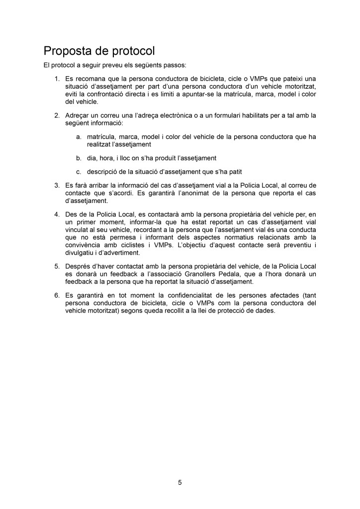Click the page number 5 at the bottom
[x=180, y=482]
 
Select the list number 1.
[x=57, y=79]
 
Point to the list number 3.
[x=57, y=186]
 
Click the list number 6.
[x=57, y=295]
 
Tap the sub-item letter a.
[x=79, y=136]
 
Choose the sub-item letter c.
[x=79, y=172]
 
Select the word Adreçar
[x=77, y=115]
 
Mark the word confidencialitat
[x=192, y=295]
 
